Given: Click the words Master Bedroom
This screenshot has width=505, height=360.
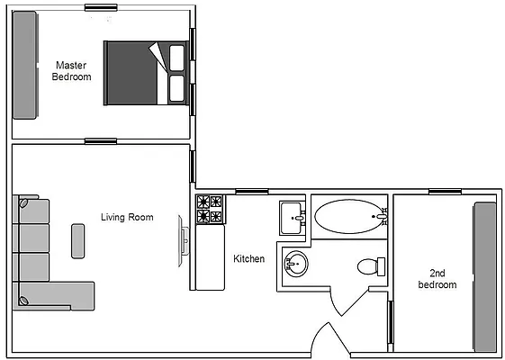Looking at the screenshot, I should coord(73,71).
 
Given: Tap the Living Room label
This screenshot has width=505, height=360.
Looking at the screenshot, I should coord(126,217).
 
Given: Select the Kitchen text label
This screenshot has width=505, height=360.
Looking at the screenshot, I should coord(249,259).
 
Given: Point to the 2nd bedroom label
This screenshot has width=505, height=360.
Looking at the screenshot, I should coord(437,278).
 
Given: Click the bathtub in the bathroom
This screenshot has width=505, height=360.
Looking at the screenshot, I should coord(347,217).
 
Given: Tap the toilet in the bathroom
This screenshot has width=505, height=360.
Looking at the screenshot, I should coord(370,266).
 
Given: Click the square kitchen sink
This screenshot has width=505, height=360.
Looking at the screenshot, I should coord(293,216).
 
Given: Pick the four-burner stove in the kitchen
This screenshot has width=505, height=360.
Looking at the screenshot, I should coord(209,210).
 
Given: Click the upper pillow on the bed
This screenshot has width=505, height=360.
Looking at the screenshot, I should coord(176,58).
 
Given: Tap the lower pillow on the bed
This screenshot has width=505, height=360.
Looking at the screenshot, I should coord(176,88).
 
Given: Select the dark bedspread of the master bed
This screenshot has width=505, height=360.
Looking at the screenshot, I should coord(131,73).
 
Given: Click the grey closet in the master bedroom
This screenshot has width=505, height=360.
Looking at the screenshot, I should coord(24,65).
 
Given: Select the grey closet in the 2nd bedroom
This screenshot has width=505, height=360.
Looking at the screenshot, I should coord(485,275).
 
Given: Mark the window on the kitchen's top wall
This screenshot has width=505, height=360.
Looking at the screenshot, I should coord(250,191).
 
